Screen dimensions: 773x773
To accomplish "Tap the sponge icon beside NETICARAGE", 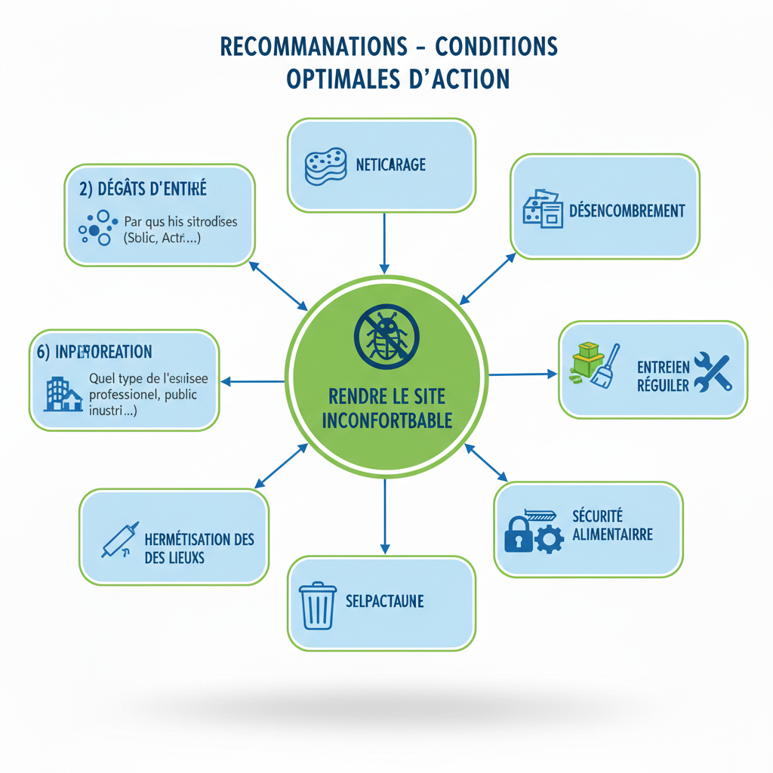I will pos(325,165).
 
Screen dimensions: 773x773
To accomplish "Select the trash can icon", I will pos(318,605).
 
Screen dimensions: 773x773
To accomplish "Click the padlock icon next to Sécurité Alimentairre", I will pos(518,534).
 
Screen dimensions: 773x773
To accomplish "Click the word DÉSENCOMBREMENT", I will pos(627,210).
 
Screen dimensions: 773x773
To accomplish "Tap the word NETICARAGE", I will pos(390,164).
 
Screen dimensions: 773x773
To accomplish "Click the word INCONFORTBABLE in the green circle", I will pos(386,420).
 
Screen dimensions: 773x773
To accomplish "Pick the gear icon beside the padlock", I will pos(549,540).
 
